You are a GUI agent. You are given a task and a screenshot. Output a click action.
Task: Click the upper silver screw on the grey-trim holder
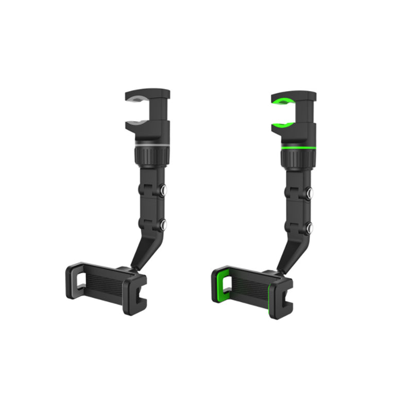coord(163,191)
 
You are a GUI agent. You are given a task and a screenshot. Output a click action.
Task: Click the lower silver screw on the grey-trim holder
coord(163,224)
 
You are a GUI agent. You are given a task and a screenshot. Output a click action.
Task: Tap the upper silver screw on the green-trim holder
coord(310,193)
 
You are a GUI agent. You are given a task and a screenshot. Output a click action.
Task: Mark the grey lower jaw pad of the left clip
coord(135,123)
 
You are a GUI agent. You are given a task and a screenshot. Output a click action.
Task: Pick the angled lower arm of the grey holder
coord(143,245)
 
